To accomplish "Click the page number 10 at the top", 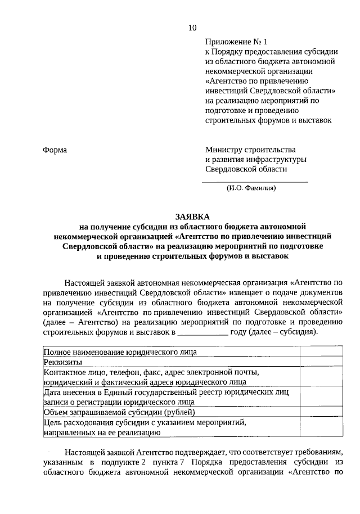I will [193, 28].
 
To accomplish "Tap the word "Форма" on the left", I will [55, 150].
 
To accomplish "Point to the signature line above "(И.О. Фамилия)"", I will [254, 182].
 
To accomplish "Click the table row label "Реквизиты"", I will [63, 362].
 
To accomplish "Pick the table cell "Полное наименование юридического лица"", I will [120, 352].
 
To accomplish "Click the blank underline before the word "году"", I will [202, 332].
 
